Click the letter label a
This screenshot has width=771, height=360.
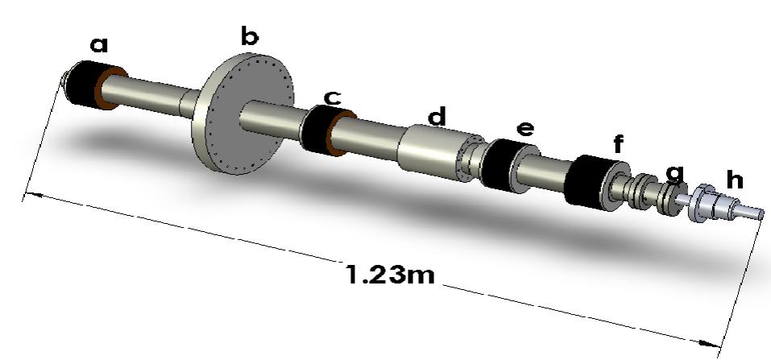(x=98, y=46)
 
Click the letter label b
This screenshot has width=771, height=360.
(x=250, y=36)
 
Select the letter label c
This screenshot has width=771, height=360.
(x=331, y=97)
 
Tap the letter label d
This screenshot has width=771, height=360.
(x=436, y=118)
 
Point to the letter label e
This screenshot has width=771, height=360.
(x=524, y=129)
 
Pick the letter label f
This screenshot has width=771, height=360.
(x=618, y=145)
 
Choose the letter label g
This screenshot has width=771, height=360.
(x=675, y=172)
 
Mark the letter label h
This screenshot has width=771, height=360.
(x=731, y=176)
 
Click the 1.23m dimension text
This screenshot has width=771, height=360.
(x=390, y=275)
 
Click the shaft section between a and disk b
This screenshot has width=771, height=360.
(x=157, y=93)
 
